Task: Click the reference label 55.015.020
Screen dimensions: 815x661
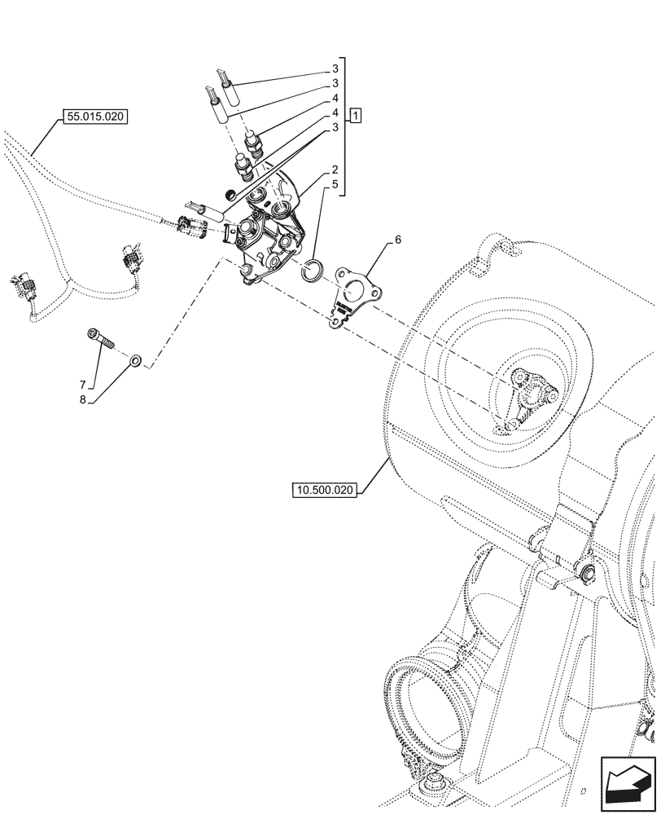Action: pyautogui.click(x=94, y=117)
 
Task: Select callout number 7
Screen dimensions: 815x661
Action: pyautogui.click(x=82, y=384)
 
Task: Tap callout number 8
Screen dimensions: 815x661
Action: pyautogui.click(x=82, y=400)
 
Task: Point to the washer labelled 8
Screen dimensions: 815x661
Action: pyautogui.click(x=135, y=357)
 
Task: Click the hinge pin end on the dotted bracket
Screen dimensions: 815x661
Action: pyautogui.click(x=585, y=575)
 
